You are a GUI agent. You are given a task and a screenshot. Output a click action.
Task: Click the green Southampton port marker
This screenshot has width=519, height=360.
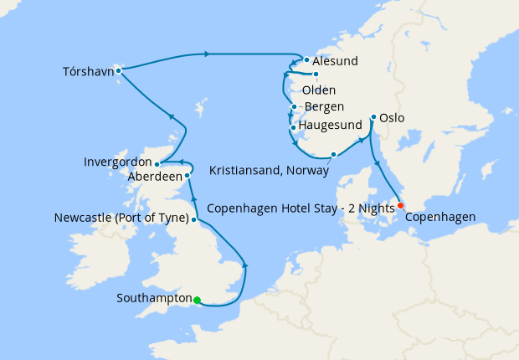197,300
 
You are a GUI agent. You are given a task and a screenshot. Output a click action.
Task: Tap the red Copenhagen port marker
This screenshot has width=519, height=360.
400,205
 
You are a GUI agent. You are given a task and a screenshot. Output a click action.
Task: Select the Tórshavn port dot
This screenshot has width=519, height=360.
119,70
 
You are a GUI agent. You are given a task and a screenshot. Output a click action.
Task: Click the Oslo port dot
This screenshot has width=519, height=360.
373,118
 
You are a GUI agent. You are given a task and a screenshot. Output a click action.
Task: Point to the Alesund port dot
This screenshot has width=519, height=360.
307,60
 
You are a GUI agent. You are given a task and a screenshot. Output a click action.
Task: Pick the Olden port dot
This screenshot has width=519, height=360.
316,75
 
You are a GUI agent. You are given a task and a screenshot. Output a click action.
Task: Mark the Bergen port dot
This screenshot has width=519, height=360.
294,106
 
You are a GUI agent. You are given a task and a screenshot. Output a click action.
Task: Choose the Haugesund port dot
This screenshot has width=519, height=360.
292,127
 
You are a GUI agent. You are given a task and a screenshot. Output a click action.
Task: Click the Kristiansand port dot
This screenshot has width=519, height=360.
334,154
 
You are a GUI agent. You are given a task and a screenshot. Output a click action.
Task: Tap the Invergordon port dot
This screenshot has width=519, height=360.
157,164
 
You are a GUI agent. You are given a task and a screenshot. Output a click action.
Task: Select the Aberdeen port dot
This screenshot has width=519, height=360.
188,176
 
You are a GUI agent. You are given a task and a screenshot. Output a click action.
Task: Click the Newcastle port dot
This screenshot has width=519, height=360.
194,219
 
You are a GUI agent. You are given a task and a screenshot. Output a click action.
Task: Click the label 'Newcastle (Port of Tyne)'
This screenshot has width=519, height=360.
121,219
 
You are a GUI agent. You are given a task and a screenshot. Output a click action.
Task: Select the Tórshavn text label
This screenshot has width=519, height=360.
87,70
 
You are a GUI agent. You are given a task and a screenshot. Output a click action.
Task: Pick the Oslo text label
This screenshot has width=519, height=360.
392,118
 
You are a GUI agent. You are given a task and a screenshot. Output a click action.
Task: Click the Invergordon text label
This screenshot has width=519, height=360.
118,161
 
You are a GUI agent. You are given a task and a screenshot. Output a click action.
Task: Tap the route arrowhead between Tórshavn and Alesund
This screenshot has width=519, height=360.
205,54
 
